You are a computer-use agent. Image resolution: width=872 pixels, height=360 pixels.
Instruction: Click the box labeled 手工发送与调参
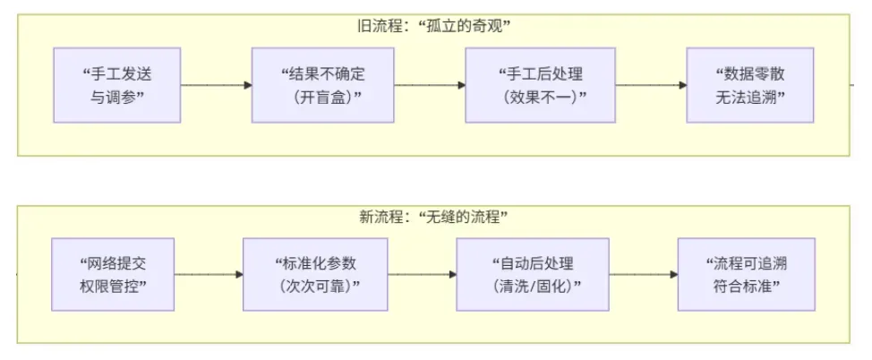[x=117, y=85]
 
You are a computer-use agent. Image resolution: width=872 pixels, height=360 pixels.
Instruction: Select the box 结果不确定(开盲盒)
[x=323, y=85]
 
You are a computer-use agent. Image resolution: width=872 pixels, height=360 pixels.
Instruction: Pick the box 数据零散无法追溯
[x=750, y=85]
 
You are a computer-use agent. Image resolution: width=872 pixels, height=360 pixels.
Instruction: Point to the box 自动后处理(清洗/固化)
[x=532, y=274]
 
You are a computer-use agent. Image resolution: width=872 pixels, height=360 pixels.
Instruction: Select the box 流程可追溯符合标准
[x=746, y=274]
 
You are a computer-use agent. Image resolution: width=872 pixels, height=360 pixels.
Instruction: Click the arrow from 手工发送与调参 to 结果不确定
[x=216, y=85]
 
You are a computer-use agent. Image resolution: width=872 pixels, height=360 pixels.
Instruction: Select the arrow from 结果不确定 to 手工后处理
[x=430, y=85]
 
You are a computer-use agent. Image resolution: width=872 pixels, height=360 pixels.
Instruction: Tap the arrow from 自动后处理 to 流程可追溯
[x=643, y=274]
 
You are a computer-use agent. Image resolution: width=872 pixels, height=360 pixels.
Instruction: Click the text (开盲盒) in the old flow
[x=323, y=96]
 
